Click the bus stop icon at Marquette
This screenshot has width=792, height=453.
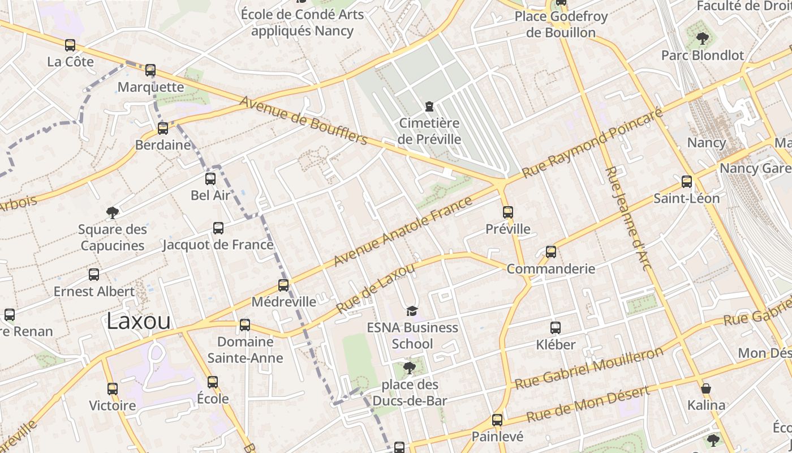pos(150,70)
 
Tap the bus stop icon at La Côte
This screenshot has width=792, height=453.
pos(70,45)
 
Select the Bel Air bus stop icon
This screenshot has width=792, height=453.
pos(210,179)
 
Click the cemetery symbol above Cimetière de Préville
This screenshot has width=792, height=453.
pos(429,106)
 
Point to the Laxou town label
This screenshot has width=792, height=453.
pos(139,321)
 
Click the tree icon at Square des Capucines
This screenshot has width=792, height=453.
pos(113,213)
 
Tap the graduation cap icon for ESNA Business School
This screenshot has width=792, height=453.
pos(412,311)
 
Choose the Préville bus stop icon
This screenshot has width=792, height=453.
pos(508,212)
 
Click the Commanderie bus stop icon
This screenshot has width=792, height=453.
pos(551,252)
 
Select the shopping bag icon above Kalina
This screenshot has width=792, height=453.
pos(706,388)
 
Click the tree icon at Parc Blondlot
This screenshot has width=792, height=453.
pos(703,39)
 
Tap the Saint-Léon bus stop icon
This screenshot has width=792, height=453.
pos(687,182)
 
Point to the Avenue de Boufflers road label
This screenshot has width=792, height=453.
pos(304,121)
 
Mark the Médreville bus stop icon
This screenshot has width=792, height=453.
pos(283,285)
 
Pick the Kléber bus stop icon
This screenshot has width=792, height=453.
pos(556,328)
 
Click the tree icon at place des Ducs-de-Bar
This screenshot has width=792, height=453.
pos(409,369)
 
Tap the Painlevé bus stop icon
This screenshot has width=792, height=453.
pos(497,420)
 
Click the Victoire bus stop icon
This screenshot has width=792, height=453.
pos(113,389)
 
